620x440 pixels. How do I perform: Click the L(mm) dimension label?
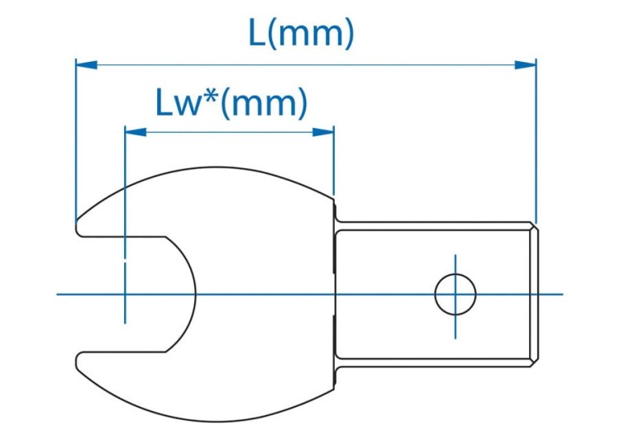302,33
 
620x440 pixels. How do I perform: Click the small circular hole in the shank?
455,294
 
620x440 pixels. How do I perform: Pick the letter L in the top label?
258,33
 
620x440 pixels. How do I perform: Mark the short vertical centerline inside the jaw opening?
124,294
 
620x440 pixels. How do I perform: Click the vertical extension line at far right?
536,140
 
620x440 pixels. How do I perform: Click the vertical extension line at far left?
76,140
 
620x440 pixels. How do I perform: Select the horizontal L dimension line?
306,64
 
